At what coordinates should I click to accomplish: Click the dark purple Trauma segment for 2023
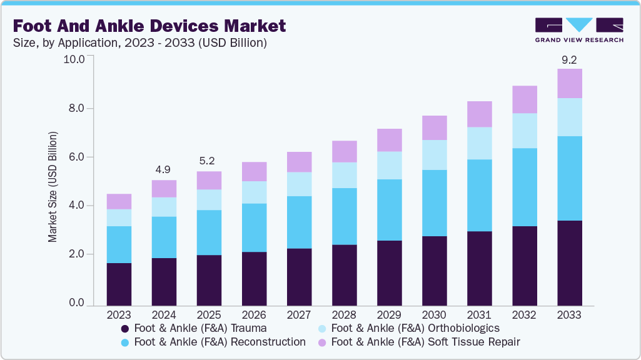[x=119, y=284]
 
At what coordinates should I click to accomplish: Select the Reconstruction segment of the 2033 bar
[x=570, y=178]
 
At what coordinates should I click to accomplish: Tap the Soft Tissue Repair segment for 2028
[x=345, y=151]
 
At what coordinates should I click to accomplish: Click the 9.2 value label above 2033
[x=570, y=61]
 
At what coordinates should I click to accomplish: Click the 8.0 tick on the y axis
[x=76, y=108]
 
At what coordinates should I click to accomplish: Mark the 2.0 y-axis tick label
[x=76, y=254]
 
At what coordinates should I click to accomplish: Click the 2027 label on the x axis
[x=299, y=314]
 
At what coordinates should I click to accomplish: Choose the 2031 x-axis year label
[x=479, y=314]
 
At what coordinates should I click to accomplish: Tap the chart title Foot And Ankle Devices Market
[x=149, y=26]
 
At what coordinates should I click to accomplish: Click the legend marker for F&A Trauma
[x=125, y=328]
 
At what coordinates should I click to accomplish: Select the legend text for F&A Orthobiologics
[x=415, y=328]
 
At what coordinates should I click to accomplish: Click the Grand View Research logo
[x=578, y=30]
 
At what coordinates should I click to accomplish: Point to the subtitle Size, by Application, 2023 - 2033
[x=140, y=43]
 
